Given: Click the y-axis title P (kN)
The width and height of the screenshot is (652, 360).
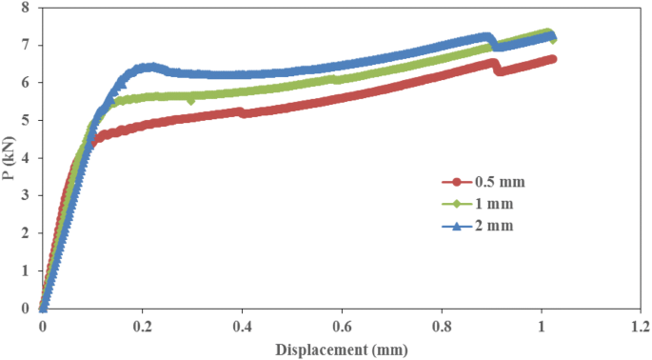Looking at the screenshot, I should pos(12,157).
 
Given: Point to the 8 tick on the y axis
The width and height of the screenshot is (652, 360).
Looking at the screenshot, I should pos(25,8).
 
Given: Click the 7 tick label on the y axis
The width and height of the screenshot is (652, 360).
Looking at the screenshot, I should pos(25,45).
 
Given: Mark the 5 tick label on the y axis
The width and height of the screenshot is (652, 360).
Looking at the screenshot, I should pos(25,120).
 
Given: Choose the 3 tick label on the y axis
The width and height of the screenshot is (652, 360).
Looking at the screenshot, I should pos(25,195).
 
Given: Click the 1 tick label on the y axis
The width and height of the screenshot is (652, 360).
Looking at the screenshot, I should pos(25,270).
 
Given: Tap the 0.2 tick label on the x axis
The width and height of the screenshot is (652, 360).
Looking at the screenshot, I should pos(142,326).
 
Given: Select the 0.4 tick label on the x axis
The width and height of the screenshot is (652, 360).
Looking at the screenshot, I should pos(242,326).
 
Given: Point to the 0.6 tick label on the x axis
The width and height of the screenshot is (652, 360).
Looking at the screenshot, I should pos(342,326).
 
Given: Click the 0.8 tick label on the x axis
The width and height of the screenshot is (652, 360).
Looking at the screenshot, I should pos(442,326).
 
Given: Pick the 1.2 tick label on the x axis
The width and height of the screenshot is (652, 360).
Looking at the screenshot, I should pos(641,326).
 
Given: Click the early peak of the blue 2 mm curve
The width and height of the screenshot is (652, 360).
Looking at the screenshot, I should pos(148,67).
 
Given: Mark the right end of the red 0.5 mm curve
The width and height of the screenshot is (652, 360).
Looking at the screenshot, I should pos(552,59).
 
